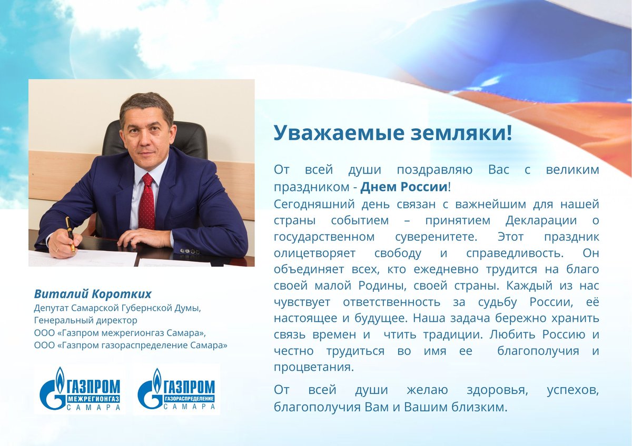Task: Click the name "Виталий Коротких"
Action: [93, 293]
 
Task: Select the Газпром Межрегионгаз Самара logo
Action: [80, 389]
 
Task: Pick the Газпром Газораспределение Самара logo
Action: [176, 389]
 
